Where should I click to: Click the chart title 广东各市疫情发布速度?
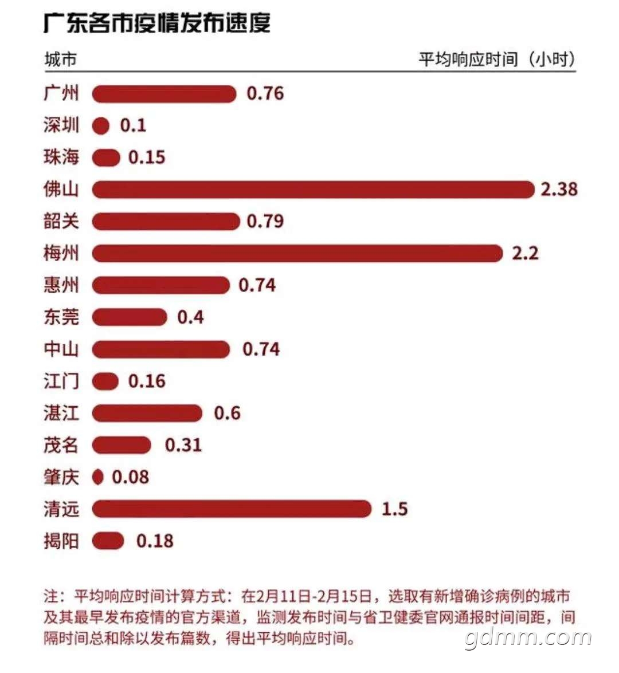click(x=157, y=23)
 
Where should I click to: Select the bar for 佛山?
click(x=314, y=190)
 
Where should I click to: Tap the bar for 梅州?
click(x=297, y=253)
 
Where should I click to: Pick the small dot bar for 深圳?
click(x=101, y=126)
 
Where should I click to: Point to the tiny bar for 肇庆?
click(x=98, y=477)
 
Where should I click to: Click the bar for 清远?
click(x=232, y=509)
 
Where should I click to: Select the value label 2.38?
click(x=559, y=189)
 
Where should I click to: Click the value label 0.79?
click(x=265, y=222)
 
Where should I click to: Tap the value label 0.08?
click(x=131, y=477)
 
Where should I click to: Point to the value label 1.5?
click(x=394, y=509)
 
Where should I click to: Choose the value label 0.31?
click(x=183, y=445)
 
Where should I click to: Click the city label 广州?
click(x=61, y=93)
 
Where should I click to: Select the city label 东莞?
click(x=61, y=317)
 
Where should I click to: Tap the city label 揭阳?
click(x=61, y=541)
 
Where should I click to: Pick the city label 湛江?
click(x=61, y=413)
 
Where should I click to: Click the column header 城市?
click(x=61, y=59)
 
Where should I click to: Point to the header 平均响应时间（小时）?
click(x=497, y=59)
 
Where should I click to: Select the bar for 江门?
click(x=105, y=381)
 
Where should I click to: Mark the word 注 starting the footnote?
click(x=51, y=596)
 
